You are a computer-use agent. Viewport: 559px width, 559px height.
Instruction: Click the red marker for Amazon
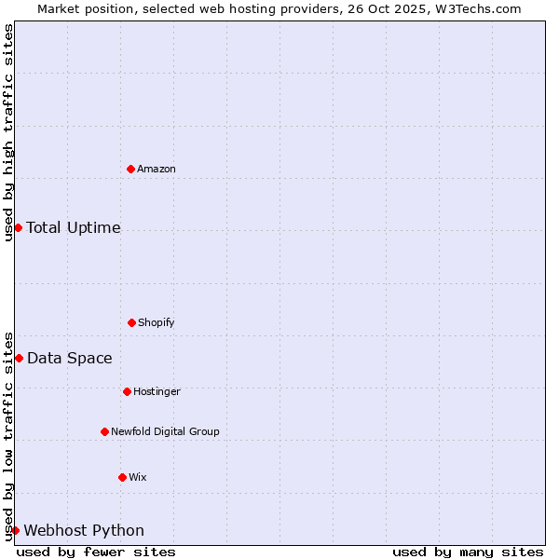[x=131, y=169]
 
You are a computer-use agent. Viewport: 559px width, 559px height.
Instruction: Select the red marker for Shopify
[x=131, y=322]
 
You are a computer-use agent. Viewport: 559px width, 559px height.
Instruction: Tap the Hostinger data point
[x=127, y=391]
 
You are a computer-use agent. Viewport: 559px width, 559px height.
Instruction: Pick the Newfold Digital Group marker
[x=104, y=431]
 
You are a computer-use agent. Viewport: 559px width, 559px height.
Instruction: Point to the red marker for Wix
[x=122, y=477]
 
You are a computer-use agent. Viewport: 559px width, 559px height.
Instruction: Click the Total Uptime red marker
[x=18, y=227]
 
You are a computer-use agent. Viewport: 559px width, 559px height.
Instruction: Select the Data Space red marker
[x=19, y=358]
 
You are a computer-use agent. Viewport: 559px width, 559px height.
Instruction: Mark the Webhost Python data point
[x=15, y=530]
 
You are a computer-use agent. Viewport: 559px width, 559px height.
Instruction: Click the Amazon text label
[x=157, y=169]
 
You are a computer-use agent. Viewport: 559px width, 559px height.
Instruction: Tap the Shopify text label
[x=157, y=322]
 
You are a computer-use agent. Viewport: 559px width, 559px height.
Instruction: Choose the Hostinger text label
[x=157, y=391]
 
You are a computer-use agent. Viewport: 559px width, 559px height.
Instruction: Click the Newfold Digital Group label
[x=165, y=431]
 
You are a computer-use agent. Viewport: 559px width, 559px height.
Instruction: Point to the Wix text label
[x=138, y=477]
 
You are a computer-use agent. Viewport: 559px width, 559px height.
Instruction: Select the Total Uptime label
[x=74, y=227]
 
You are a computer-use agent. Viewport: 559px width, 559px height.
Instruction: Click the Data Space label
[x=70, y=358]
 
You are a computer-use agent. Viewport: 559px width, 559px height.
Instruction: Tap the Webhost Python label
[x=84, y=530]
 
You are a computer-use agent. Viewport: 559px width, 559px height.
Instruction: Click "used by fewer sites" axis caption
[x=96, y=552]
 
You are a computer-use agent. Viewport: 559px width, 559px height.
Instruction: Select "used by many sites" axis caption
[x=468, y=552]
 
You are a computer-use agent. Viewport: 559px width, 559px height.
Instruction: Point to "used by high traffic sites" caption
[x=8, y=132]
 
